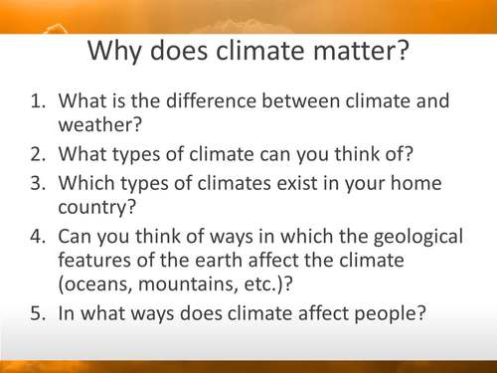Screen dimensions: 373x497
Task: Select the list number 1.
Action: click(x=38, y=101)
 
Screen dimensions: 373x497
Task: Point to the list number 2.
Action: click(x=38, y=154)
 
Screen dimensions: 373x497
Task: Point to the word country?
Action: click(x=96, y=209)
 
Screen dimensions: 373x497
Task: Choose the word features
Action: click(x=96, y=262)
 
